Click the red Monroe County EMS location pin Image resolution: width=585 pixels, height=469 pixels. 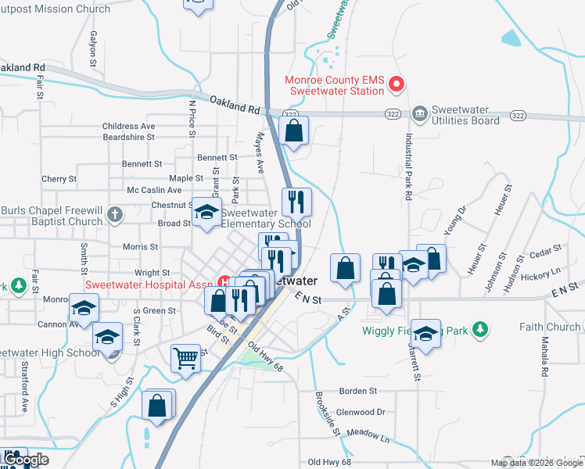(397, 84)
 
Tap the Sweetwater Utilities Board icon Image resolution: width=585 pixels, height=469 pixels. (420, 114)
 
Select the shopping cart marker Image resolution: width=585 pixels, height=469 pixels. (185, 358)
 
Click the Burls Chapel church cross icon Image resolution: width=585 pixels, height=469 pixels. (114, 213)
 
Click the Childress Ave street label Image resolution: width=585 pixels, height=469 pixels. (129, 126)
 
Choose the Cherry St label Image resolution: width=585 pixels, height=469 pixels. (59, 179)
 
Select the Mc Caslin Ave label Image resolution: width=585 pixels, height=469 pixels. (154, 191)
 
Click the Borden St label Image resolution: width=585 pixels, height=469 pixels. (357, 390)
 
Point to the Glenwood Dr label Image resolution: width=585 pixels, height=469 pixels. (361, 412)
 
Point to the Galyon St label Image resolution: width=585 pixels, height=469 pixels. (94, 49)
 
